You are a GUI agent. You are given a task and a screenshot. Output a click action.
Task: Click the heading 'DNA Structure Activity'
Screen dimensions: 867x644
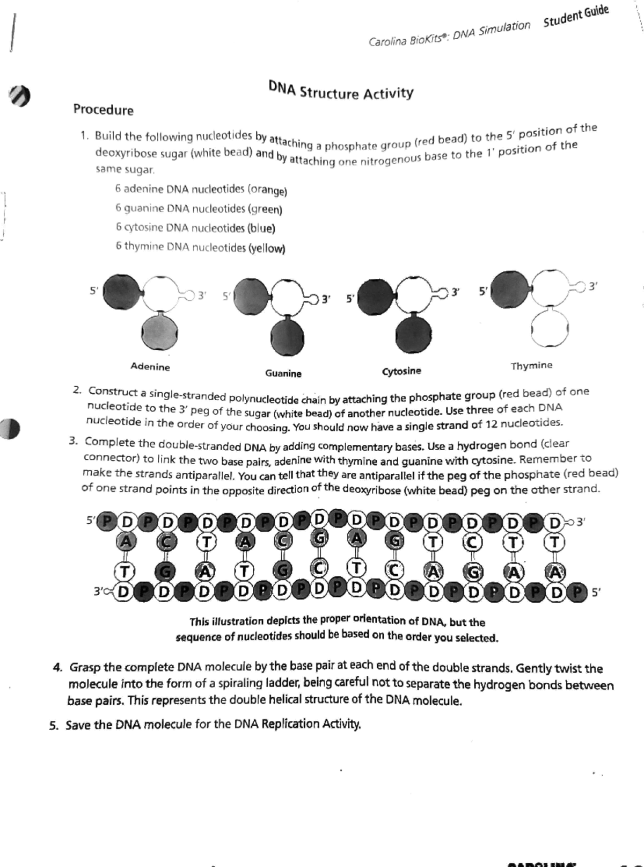click(x=341, y=91)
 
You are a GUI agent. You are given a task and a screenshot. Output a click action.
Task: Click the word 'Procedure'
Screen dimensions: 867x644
click(x=103, y=110)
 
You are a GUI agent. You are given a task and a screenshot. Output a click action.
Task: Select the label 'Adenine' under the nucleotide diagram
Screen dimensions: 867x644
click(x=150, y=367)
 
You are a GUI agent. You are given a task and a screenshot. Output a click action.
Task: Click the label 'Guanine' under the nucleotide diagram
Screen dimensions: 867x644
click(x=283, y=373)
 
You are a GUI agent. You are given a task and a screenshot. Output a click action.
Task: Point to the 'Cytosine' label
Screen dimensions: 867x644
click(x=401, y=371)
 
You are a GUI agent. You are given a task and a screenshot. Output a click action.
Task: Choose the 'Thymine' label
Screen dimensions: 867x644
click(x=531, y=366)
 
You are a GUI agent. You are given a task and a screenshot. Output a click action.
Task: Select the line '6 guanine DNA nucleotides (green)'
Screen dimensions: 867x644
click(x=198, y=208)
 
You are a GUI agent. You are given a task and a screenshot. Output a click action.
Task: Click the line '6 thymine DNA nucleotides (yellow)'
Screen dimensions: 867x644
click(x=200, y=247)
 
